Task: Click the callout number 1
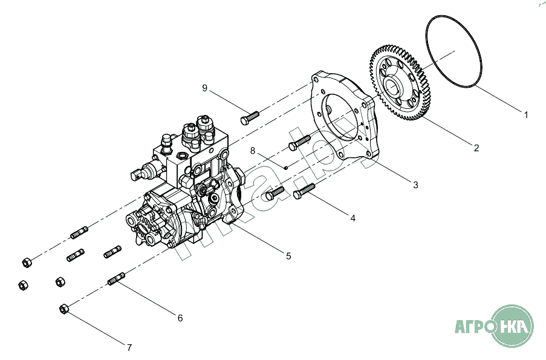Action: click(526, 114)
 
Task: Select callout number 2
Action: click(476, 148)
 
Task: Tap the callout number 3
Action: click(415, 185)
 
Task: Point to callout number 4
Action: click(353, 218)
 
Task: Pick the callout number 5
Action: click(288, 256)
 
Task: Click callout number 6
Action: click(180, 318)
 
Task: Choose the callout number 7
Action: click(129, 347)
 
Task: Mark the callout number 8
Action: click(253, 151)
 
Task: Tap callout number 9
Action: click(205, 88)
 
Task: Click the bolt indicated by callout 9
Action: click(250, 116)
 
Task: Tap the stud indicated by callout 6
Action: click(116, 279)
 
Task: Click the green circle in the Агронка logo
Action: click(512, 327)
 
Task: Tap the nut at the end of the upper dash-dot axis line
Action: click(27, 263)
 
